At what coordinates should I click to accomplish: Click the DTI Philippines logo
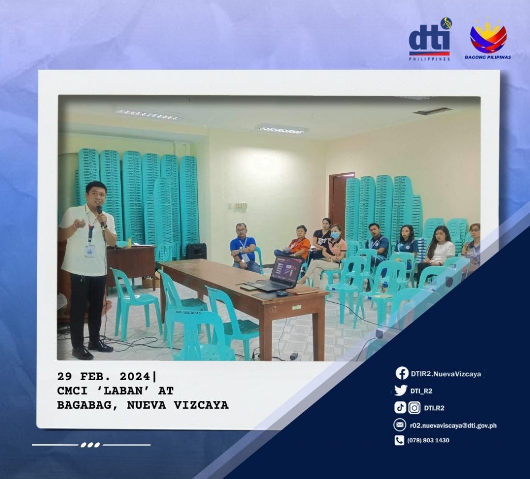pos(430,40)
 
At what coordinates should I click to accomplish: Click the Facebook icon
pos(402,373)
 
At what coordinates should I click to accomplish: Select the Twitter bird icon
pos(401,391)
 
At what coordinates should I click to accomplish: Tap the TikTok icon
pos(400,408)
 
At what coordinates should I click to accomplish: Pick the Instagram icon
pos(414,408)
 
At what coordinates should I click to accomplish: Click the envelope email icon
pos(400,425)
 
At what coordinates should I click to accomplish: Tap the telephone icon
pos(399,440)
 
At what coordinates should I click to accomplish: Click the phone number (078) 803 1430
pos(428,440)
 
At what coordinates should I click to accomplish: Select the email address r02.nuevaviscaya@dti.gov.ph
pos(453,426)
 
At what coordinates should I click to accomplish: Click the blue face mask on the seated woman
pos(335,235)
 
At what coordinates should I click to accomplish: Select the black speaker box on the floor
pos(196,251)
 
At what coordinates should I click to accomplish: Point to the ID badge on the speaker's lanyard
pos(90,250)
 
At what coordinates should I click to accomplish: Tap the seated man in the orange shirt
pos(296,243)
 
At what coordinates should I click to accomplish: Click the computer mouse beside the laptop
pos(282,293)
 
